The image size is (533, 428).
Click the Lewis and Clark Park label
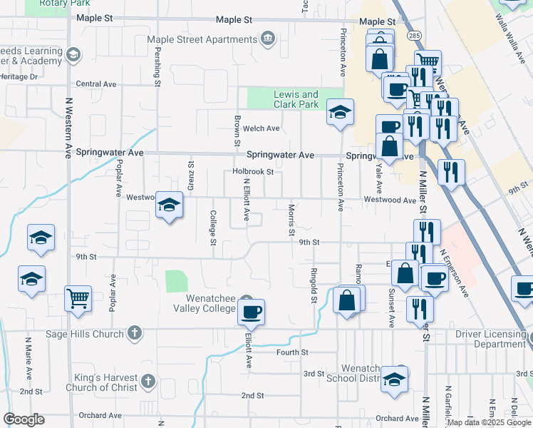[x=296, y=99]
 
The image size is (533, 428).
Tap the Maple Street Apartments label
[x=202, y=39]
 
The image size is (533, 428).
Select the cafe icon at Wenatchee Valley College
[x=251, y=312]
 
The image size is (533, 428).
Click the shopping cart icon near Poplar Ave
[x=78, y=298]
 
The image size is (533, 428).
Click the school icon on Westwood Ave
[x=169, y=205]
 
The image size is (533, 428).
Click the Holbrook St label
[x=253, y=171]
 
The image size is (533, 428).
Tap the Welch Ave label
[x=261, y=128]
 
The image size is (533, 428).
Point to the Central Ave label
[x=96, y=84]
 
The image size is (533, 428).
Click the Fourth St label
[x=292, y=352]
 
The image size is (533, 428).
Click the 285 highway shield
[x=414, y=34]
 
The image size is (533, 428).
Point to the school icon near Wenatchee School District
[x=394, y=380]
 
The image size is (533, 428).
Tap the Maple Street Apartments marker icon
[x=268, y=39]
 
